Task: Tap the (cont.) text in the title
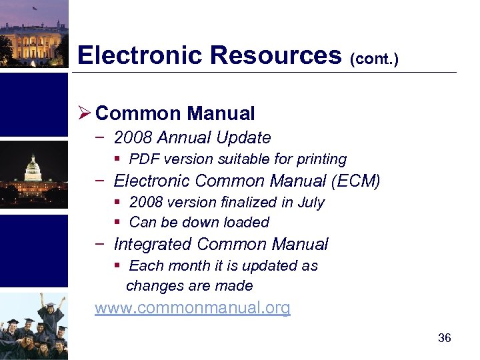(374, 59)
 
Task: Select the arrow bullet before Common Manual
(84, 114)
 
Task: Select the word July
(311, 202)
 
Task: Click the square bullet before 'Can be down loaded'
(117, 223)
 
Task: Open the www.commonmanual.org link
(192, 308)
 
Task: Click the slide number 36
(444, 338)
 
